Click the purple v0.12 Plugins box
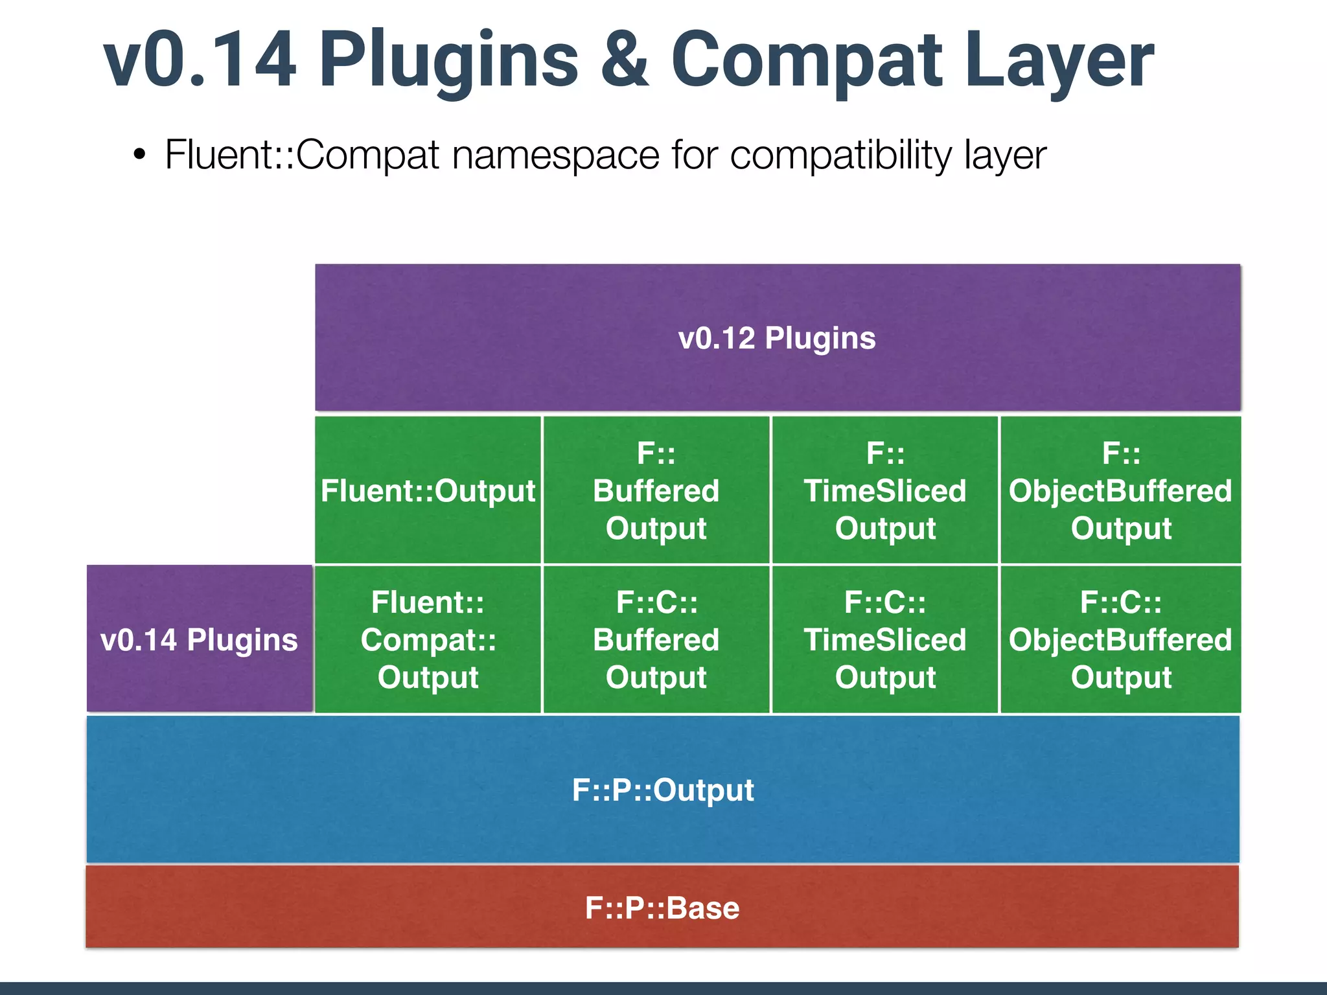[778, 337]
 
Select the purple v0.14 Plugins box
[200, 639]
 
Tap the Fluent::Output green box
[428, 490]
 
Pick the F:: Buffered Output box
[656, 490]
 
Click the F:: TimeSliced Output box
[885, 490]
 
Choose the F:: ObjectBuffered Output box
[1120, 490]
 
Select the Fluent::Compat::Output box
[428, 639]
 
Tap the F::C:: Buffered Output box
[656, 639]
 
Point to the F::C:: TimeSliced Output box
[885, 639]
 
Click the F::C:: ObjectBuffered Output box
[1120, 639]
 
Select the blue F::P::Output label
[663, 790]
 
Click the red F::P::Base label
[662, 908]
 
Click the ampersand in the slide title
[625, 60]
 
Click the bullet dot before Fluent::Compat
[139, 155]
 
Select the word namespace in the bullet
[555, 155]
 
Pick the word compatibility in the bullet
[840, 155]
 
